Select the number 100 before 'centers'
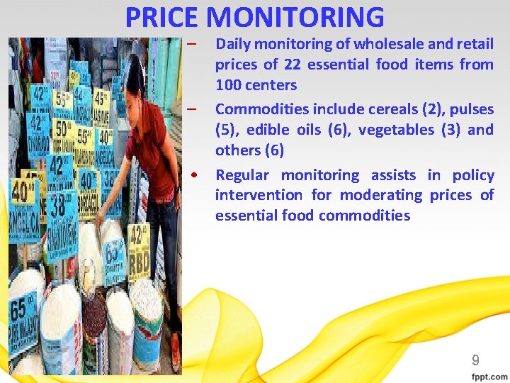click(227, 85)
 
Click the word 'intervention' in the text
click(256, 195)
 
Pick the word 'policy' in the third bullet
click(472, 175)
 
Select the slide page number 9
click(476, 360)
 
